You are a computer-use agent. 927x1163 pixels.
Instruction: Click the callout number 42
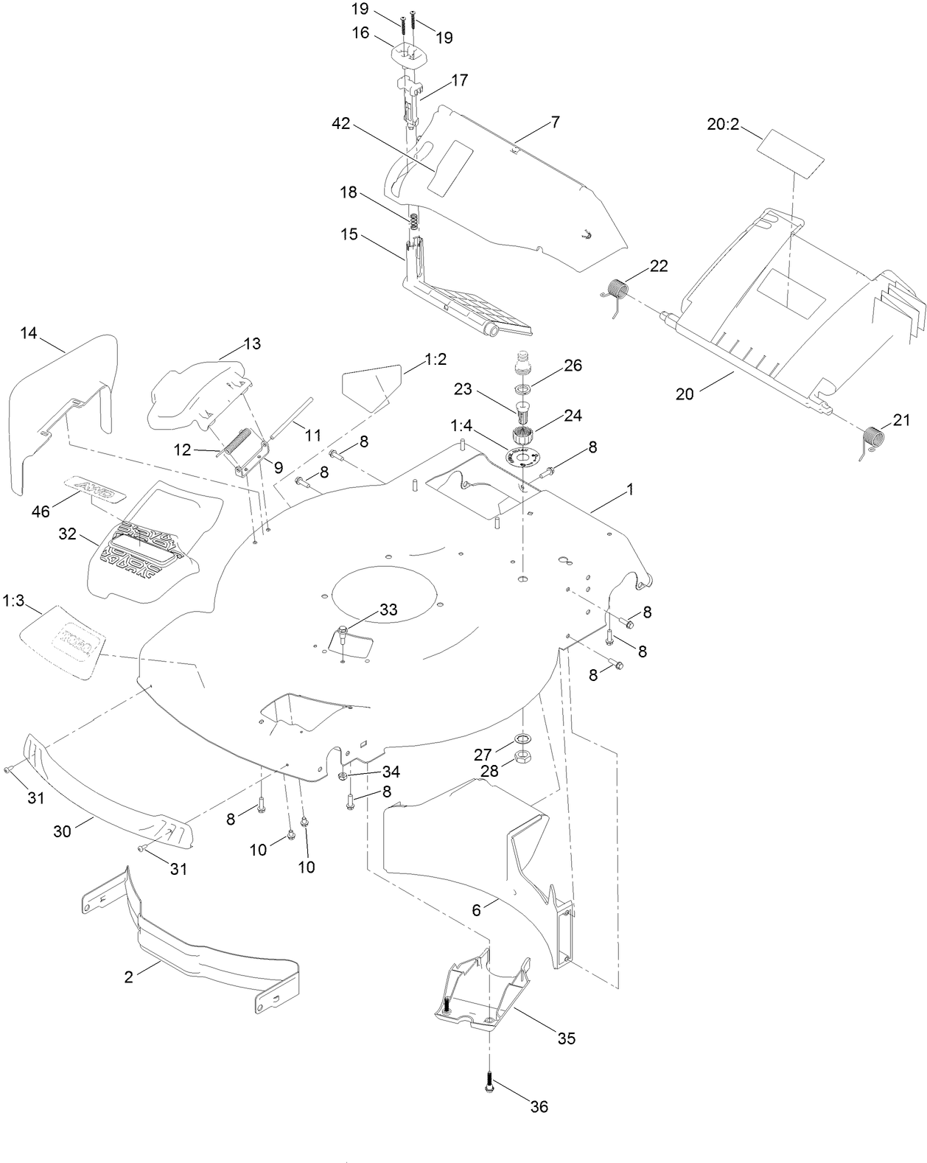coord(341,124)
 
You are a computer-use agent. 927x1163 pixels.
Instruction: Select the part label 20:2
coord(722,125)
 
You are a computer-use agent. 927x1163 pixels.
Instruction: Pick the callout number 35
coord(566,1038)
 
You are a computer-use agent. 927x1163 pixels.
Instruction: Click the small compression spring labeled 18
coord(415,220)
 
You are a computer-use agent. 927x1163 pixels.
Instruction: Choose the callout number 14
coord(29,333)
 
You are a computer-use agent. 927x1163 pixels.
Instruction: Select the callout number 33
coord(388,610)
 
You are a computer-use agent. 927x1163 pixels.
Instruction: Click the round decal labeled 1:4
coord(524,458)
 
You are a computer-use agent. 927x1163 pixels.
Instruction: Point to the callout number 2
coord(129,977)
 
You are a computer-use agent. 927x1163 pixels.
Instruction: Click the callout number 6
coord(477,910)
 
